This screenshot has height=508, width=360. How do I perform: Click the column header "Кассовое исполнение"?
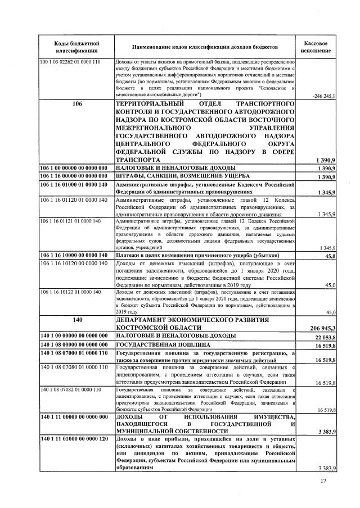(316, 47)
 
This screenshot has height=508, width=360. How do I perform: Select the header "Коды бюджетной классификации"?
(76, 47)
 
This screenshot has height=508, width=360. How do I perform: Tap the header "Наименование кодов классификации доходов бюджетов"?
(205, 47)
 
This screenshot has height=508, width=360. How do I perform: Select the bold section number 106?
(77, 105)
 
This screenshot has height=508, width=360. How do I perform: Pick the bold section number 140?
(77, 319)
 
